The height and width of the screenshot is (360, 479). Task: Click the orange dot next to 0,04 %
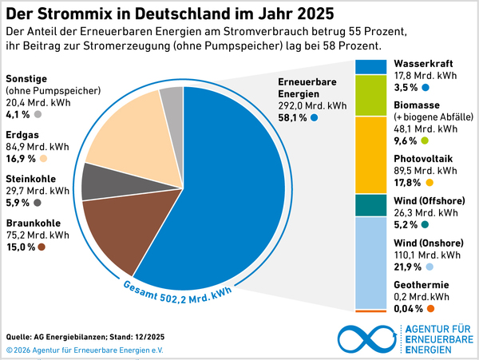[x=431, y=309]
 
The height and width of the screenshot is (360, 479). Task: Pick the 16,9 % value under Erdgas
[x=21, y=158]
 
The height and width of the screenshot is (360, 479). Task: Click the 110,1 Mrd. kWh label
[x=426, y=255]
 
